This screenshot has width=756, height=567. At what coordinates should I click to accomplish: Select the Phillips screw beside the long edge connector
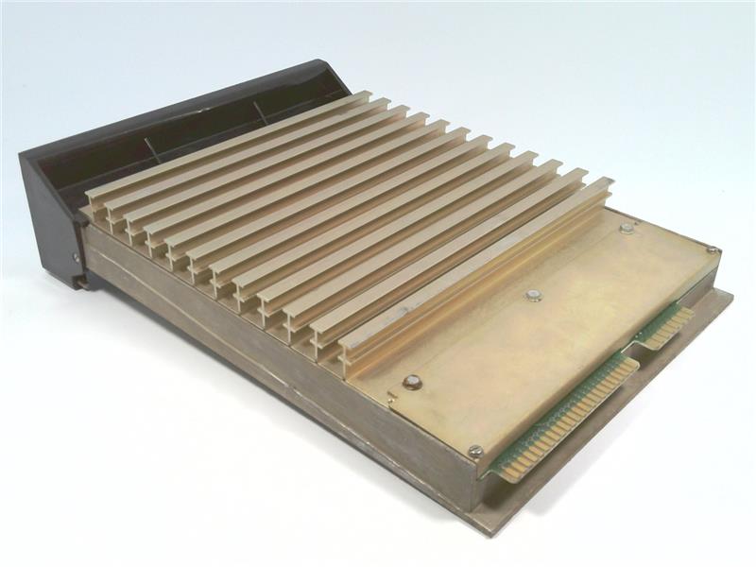tap(474, 451)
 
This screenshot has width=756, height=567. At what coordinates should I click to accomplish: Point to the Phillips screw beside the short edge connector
tap(710, 249)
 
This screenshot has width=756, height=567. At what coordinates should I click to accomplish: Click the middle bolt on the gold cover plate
tap(533, 295)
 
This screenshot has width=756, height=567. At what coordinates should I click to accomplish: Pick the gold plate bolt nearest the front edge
tap(411, 382)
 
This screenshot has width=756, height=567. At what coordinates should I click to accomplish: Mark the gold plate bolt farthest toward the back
tap(626, 228)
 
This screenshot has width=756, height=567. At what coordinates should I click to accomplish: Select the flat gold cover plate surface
tap(548, 340)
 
